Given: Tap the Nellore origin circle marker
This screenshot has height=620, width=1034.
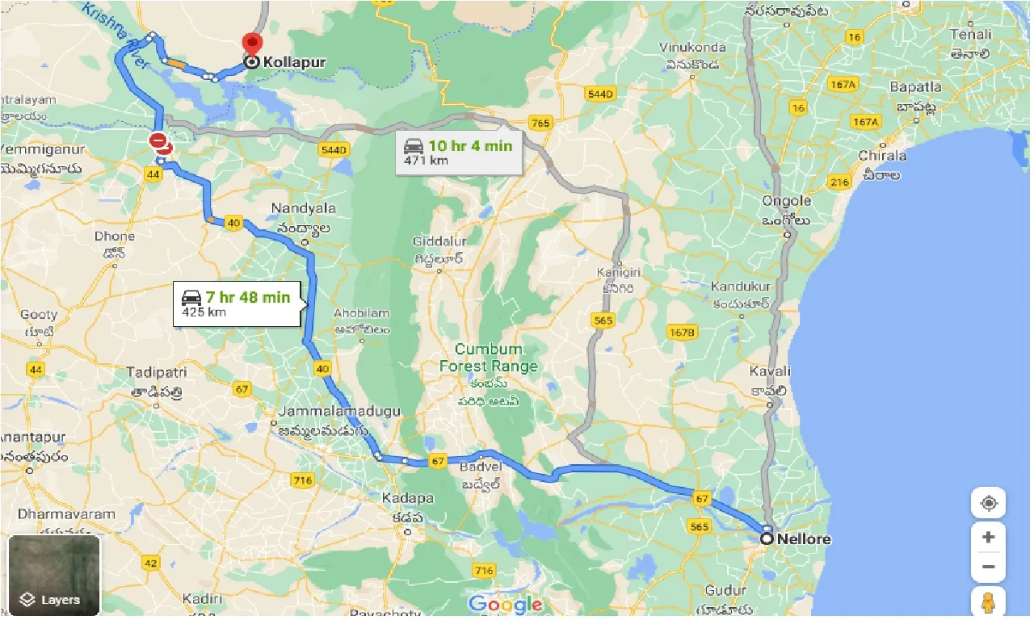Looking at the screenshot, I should click(x=767, y=538).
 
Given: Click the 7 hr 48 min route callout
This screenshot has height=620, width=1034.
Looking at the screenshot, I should click(x=237, y=304).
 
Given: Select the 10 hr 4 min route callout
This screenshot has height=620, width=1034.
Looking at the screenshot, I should click(x=459, y=152).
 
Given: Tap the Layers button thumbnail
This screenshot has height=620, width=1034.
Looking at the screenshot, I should click(x=54, y=574).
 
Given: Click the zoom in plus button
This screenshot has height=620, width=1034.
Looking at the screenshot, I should click(x=988, y=537).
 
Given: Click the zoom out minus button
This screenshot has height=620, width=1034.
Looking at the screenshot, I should click(x=988, y=567).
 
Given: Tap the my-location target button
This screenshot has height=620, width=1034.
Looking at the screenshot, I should click(x=988, y=504).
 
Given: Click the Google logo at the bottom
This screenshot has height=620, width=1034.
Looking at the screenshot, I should click(x=505, y=604).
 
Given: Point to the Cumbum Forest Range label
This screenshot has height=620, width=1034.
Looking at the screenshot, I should click(x=488, y=358).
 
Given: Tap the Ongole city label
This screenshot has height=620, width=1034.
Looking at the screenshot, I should click(x=786, y=201).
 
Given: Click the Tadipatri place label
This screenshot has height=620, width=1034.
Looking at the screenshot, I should click(x=157, y=372).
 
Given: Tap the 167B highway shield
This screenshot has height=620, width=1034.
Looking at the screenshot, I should click(x=682, y=332).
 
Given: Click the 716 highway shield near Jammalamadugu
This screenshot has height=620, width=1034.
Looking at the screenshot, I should click(x=303, y=480).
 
